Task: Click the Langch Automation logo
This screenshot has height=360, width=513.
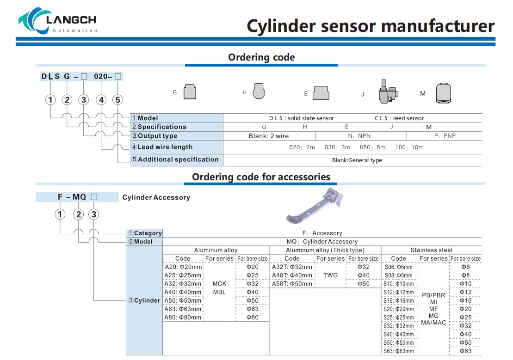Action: [x=57, y=21]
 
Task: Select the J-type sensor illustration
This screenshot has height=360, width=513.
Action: [x=388, y=92]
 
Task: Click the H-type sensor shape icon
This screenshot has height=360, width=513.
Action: [x=259, y=91]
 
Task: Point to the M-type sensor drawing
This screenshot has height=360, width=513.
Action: [x=444, y=93]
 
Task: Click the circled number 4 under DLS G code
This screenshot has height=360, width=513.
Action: [x=101, y=100]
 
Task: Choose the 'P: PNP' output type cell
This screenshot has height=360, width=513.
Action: [x=445, y=136]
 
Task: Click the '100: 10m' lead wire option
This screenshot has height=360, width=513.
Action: [x=409, y=147]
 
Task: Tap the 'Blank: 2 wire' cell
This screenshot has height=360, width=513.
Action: [x=269, y=136]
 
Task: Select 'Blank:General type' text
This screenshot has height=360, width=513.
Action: [x=357, y=160]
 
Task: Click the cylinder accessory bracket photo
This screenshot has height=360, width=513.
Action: [x=315, y=206]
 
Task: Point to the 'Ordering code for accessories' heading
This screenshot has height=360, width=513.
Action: [x=261, y=177]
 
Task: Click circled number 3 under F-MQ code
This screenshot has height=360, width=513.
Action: [x=94, y=214]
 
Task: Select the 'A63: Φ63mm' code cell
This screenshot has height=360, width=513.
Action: [x=183, y=309]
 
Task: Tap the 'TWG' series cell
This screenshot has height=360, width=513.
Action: [x=330, y=275]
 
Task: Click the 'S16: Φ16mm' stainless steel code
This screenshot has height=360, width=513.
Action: [x=398, y=301]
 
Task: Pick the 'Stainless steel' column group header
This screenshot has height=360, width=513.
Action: [x=432, y=250]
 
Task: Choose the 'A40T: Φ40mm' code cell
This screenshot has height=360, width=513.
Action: [x=292, y=275]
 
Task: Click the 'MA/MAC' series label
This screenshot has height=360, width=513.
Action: [x=433, y=323]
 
